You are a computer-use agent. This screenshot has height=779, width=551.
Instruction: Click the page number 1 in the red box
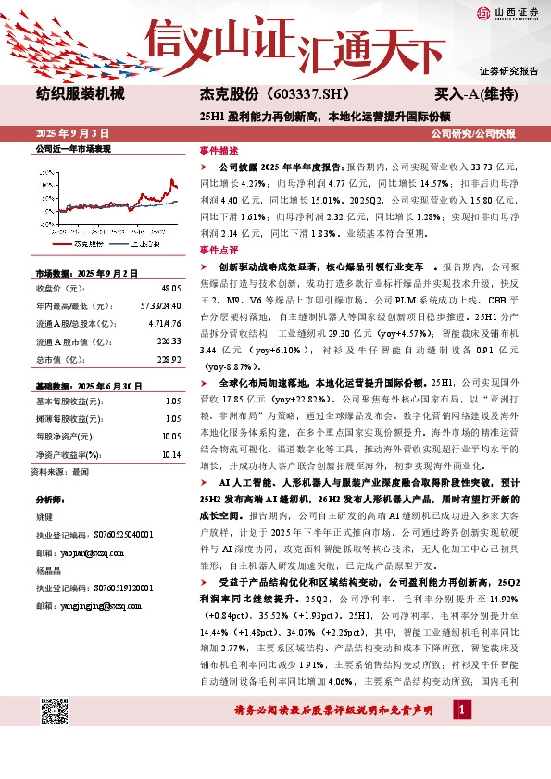pyautogui.click(x=460, y=710)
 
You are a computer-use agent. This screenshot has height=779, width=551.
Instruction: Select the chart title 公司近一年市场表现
pyautogui.click(x=72, y=148)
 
